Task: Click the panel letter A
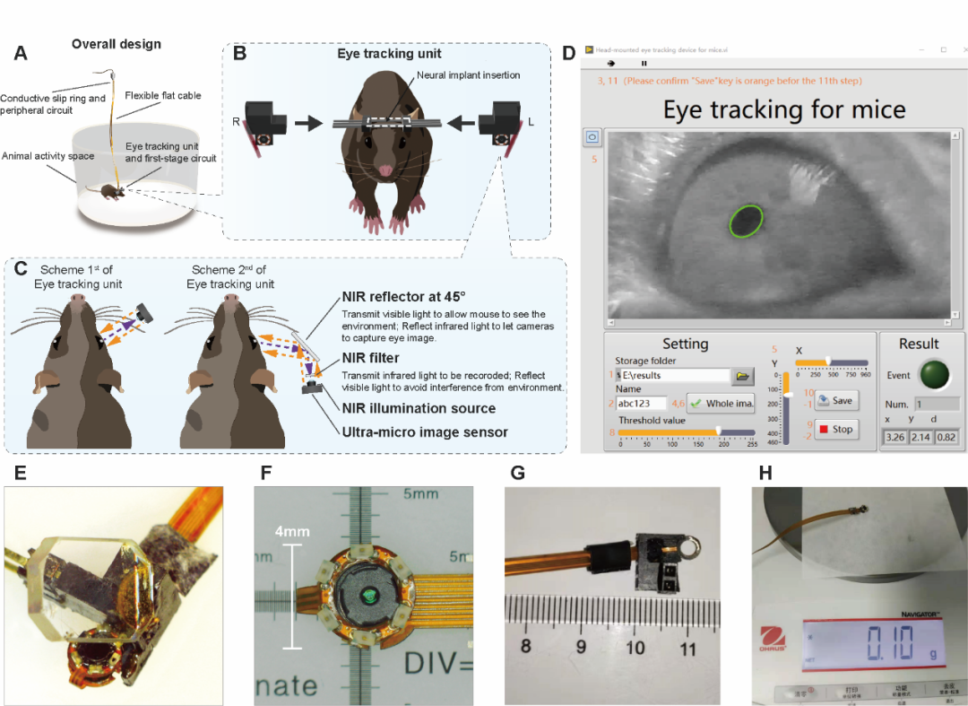pyautogui.click(x=21, y=53)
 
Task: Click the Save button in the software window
pyautogui.click(x=836, y=400)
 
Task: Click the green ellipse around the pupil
pyautogui.click(x=747, y=221)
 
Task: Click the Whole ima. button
pyautogui.click(x=721, y=404)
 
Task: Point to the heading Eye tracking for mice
pyautogui.click(x=783, y=109)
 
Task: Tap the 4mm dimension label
pyautogui.click(x=291, y=532)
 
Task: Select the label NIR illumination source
pyautogui.click(x=419, y=408)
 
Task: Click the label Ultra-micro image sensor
pyautogui.click(x=425, y=432)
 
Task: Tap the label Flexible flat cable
pyautogui.click(x=163, y=95)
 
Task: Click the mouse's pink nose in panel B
pyautogui.click(x=385, y=170)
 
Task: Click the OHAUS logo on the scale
pyautogui.click(x=774, y=646)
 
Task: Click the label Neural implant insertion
pyautogui.click(x=467, y=74)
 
